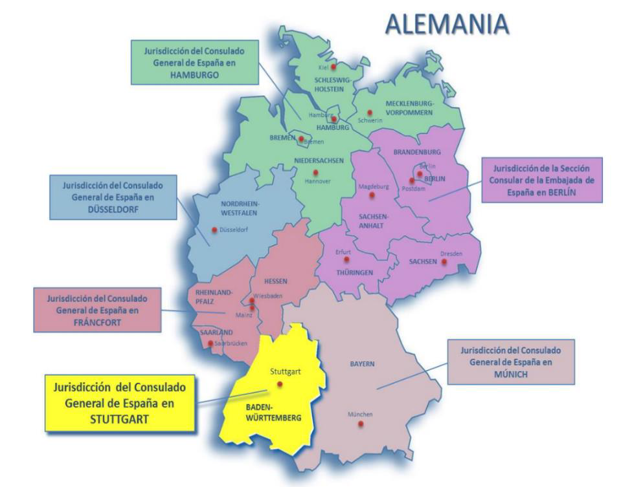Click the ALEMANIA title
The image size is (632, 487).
tap(447, 25)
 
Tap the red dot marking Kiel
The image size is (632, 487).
tap(333, 67)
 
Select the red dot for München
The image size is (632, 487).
tap(361, 424)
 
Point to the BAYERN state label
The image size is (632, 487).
tap(363, 364)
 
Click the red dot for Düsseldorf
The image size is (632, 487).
tap(214, 230)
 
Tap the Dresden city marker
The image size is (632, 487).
tap(444, 261)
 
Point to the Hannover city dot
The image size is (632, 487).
tap(315, 172)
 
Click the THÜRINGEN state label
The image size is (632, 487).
tap(354, 273)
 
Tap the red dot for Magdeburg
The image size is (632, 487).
tap(371, 195)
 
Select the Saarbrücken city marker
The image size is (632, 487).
tap(210, 343)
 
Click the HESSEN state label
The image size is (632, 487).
tap(275, 281)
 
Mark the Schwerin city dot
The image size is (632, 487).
tap(370, 112)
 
